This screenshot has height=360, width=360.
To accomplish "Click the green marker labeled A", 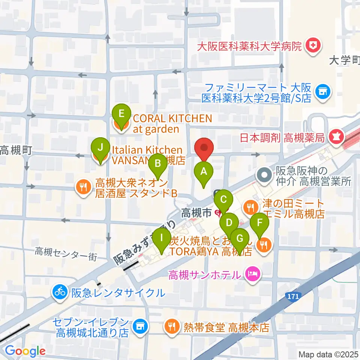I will point(204,172).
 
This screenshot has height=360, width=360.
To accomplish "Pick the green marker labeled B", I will point(158,163).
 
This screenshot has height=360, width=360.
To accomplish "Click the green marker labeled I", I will point(162,237).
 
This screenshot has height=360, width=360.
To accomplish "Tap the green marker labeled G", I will point(240,238).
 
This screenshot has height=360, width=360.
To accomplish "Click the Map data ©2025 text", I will point(328,354).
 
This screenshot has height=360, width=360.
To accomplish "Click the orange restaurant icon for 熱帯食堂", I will point(171,327).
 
